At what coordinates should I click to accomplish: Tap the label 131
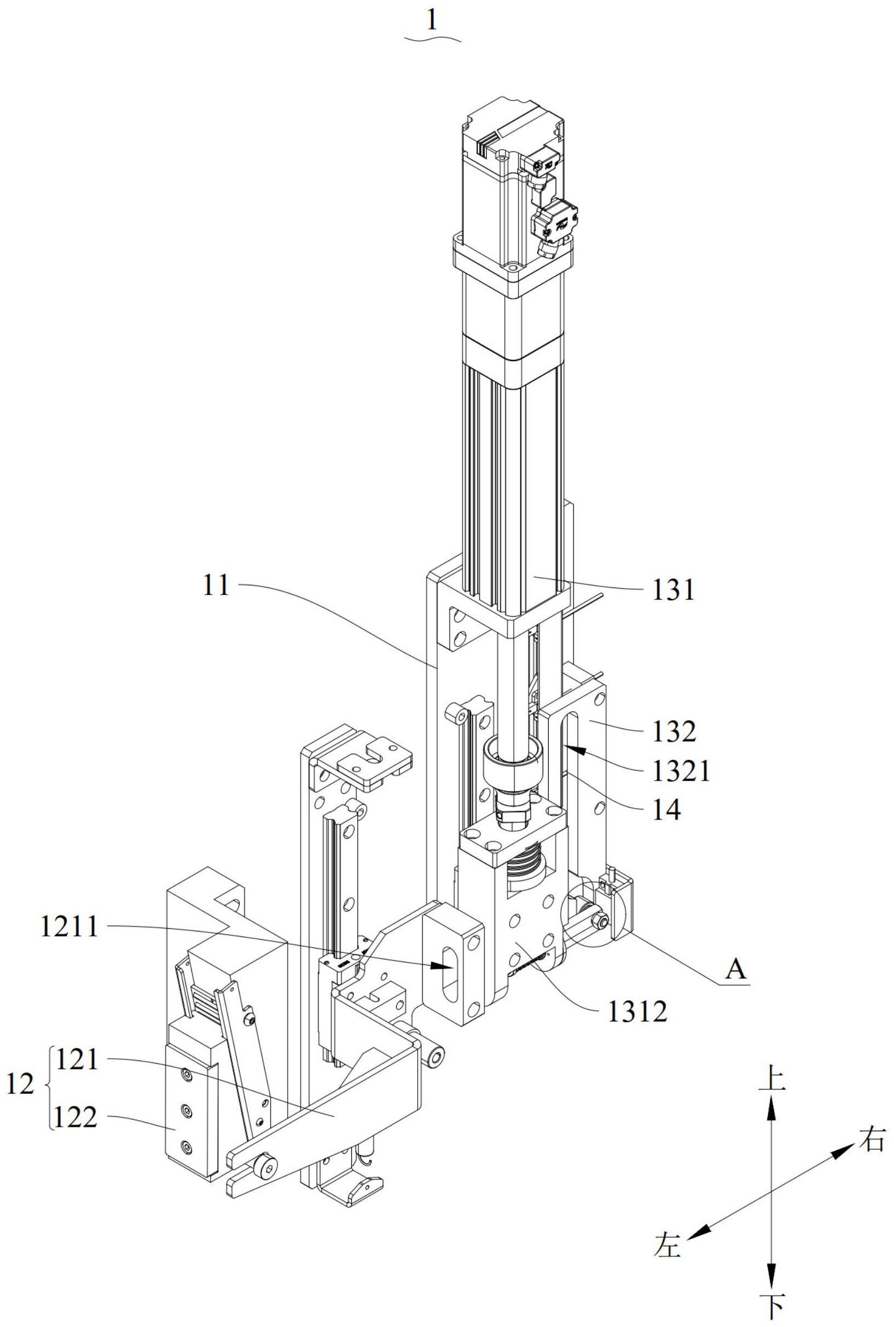pos(675,591)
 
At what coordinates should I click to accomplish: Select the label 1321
pos(682,772)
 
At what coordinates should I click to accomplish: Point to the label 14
pos(668,810)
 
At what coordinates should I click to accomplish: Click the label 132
pos(675,732)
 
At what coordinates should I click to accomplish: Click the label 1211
pos(70,927)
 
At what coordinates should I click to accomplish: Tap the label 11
pos(217,585)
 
